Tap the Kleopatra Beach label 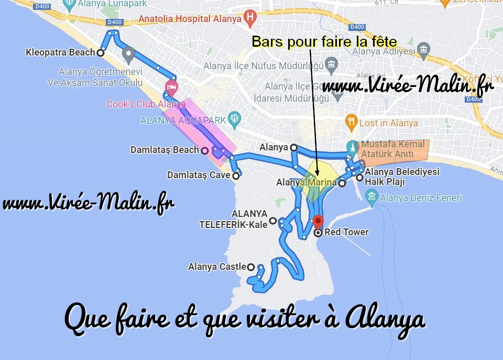coord(60,52)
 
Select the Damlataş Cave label coord(199,175)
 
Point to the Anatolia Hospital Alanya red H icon coord(250,17)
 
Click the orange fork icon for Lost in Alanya coord(351,123)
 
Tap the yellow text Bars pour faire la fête coord(324,41)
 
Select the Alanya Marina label coord(307,183)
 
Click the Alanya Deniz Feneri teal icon coord(371,198)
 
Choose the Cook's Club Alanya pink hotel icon coord(171,87)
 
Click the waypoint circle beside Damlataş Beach coord(204,150)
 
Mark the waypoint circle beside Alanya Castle coord(251,267)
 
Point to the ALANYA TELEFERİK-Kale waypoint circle coord(272,223)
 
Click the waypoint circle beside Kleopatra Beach coord(100,52)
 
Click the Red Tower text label coord(346,232)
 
